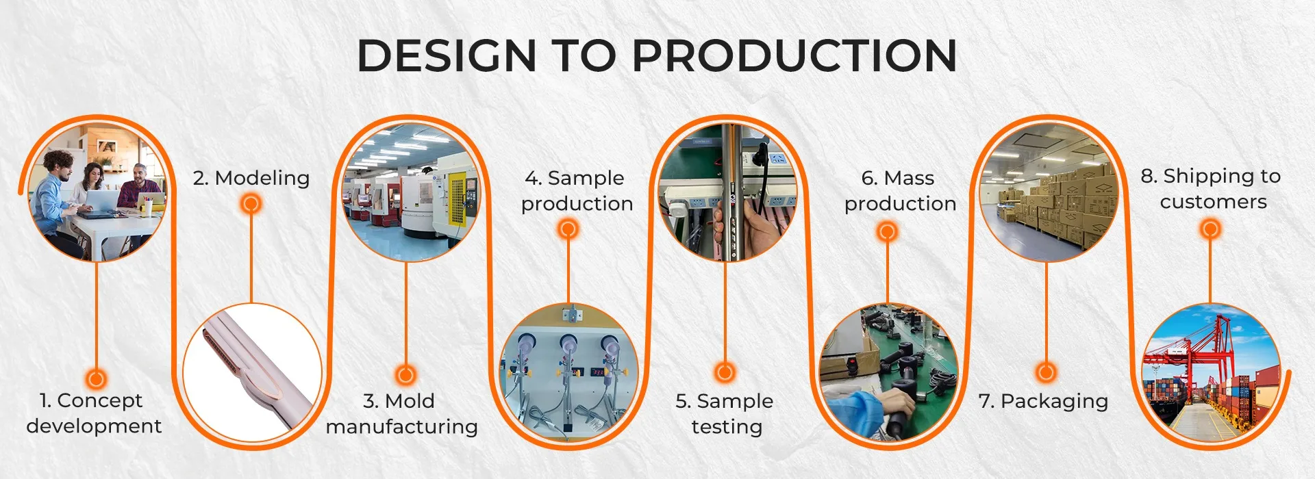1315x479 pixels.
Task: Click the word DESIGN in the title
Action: point(446,55)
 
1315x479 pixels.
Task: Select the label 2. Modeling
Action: point(251,178)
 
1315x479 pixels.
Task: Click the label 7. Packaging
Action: point(1043,401)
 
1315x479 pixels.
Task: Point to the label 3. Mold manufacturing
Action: point(402,413)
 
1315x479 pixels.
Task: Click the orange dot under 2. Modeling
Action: point(251,204)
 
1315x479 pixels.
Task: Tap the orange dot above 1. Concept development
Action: point(96,378)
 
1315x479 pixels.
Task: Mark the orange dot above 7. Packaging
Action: point(1046,373)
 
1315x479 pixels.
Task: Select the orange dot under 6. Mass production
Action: point(887,231)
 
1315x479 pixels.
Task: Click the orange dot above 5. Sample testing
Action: point(725,373)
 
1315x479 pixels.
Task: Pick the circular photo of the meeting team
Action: point(97,193)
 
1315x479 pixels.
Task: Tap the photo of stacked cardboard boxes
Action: point(1048,193)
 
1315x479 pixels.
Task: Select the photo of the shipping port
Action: point(1210,373)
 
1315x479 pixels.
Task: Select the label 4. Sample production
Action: point(576,191)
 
